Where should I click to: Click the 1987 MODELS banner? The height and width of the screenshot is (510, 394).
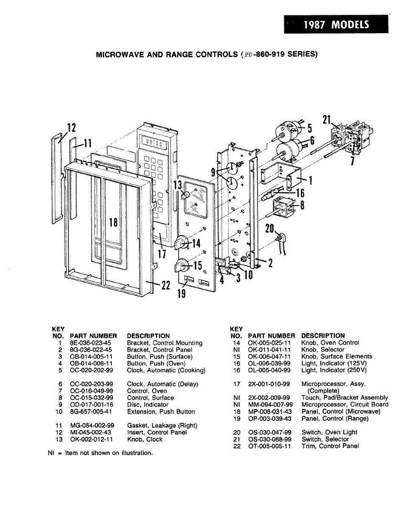tap(336, 24)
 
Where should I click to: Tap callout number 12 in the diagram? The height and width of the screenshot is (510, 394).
tap(71, 127)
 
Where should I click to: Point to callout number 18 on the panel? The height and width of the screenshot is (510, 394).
tap(113, 222)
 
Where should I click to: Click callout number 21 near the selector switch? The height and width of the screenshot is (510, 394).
tap(326, 120)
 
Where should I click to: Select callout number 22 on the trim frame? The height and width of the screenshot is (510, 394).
tap(166, 286)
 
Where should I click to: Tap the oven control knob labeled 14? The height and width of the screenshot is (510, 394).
tap(183, 244)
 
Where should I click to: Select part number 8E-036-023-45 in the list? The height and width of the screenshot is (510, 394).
tap(91, 343)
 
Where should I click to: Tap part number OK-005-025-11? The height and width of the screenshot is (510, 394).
tap(269, 343)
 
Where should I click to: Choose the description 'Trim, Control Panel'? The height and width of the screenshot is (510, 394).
tap(330, 446)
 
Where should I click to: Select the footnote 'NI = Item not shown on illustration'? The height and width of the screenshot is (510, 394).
tap(100, 453)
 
